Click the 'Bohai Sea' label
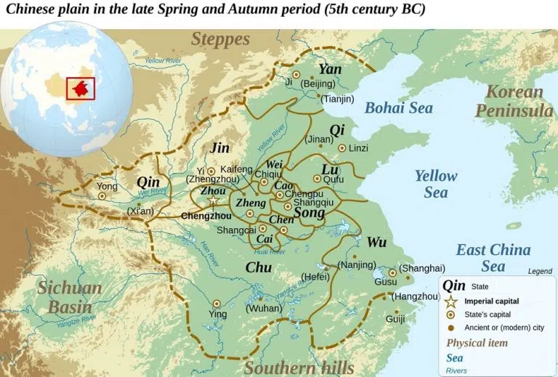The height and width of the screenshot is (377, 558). [398, 108]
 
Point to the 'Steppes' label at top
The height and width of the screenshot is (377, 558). [220, 39]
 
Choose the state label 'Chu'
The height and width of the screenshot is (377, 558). [258, 267]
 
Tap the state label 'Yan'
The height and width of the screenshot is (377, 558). [330, 69]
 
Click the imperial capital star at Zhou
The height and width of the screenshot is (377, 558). [213, 200]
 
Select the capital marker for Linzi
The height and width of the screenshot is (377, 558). [341, 148]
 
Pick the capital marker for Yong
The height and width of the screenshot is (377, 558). [102, 195]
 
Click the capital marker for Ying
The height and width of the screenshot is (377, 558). [216, 304]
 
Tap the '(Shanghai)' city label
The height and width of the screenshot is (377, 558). [422, 268]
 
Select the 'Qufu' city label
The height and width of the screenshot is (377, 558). [333, 179]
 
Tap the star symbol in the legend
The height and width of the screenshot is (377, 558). [450, 301]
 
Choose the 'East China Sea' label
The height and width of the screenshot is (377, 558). [493, 259]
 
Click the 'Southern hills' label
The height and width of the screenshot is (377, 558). [299, 367]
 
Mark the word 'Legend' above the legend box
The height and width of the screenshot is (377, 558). [540, 271]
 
